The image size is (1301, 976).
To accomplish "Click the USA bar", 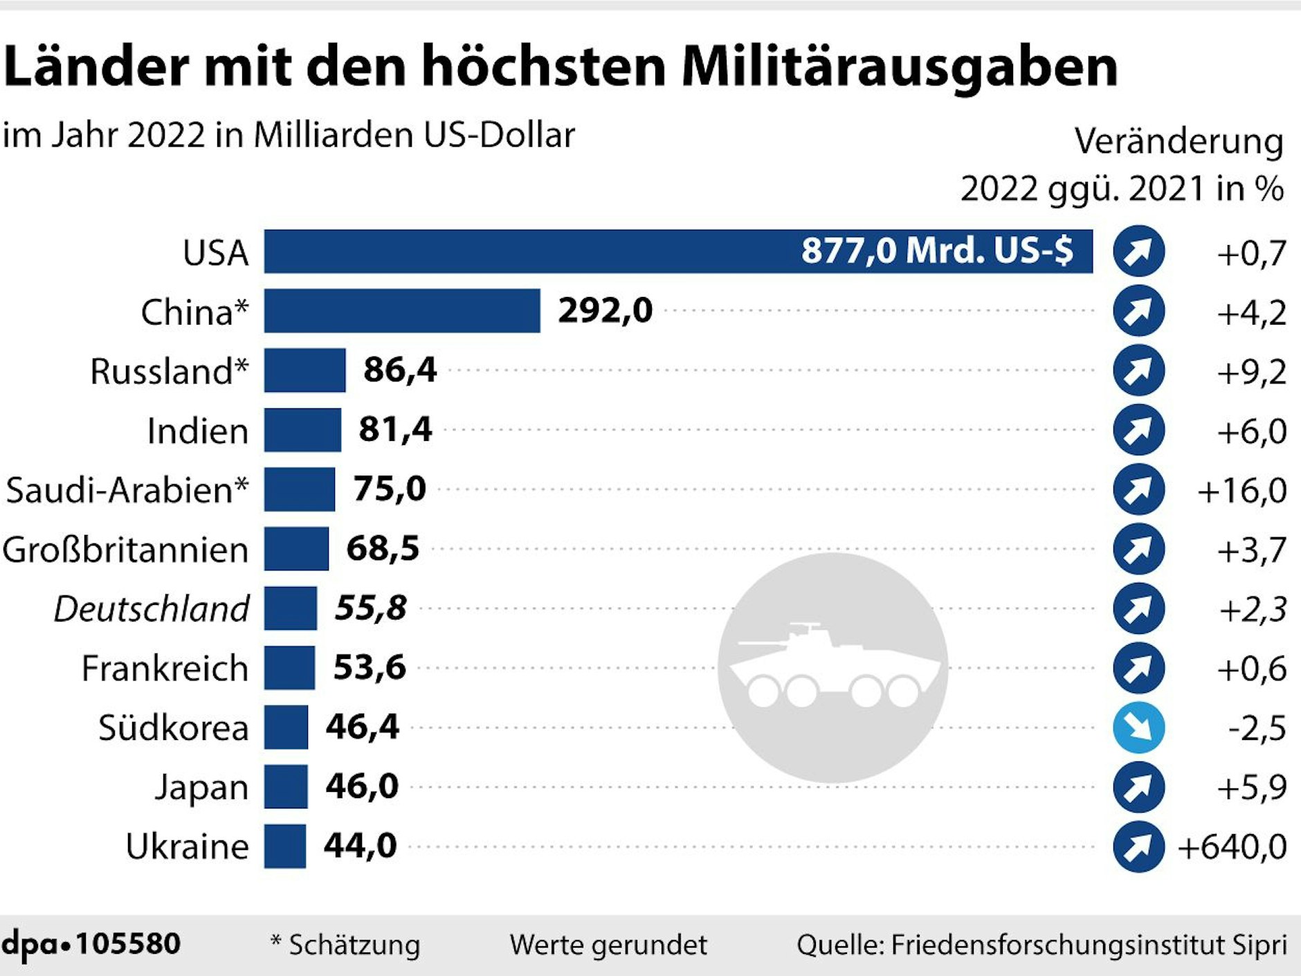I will point(678,251).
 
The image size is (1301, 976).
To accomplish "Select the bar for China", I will point(401,311).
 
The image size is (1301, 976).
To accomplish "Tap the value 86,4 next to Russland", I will point(400,370).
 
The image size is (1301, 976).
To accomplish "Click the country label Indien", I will point(197,431).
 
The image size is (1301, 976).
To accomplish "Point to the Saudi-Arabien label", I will point(127,490).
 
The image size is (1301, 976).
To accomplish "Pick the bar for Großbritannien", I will point(296,549).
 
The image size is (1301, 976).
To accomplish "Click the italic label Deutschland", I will point(151,609).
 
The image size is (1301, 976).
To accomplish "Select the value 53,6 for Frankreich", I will point(370,667).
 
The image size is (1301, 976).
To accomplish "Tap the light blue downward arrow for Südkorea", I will point(1138,728).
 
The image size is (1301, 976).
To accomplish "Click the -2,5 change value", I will point(1257,728).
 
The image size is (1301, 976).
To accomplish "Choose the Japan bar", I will point(285,787).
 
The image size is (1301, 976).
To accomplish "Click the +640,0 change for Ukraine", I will point(1232,847).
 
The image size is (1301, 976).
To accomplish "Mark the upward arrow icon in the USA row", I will point(1138,251).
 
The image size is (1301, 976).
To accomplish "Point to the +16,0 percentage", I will point(1241,491).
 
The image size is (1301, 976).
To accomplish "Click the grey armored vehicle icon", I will point(833,667).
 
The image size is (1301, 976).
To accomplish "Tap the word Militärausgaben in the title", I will point(899,66).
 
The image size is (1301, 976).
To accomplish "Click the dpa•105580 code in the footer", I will point(91,944).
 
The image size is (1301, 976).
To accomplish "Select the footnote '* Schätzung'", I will point(345,945).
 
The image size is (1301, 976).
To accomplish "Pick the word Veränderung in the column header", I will point(1179,141).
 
